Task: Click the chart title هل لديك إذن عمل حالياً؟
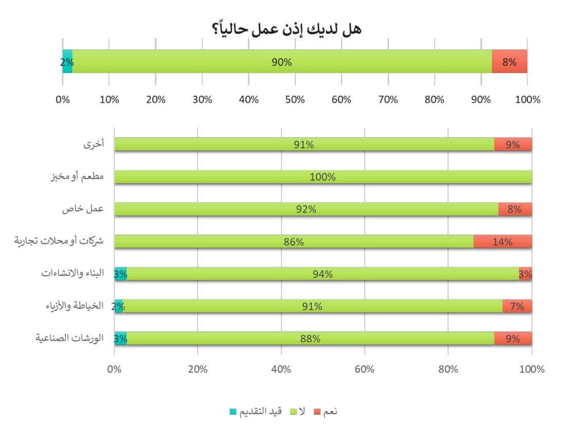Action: (287, 29)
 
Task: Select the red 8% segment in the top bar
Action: (509, 62)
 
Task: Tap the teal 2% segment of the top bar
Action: (67, 62)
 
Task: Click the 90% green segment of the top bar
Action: (281, 62)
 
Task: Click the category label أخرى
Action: (94, 144)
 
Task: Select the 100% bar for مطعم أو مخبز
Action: (323, 177)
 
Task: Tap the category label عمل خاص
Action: (83, 209)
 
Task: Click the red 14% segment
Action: (502, 241)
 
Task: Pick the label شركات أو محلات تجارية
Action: (59, 241)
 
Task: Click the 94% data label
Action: (323, 274)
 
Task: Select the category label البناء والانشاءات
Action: (73, 273)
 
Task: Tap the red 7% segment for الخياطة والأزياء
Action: (517, 306)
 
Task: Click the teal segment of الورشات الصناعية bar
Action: (120, 339)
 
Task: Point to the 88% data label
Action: (310, 339)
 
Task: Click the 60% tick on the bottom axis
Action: (364, 369)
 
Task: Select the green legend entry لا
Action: (301, 411)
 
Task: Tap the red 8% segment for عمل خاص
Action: (514, 209)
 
